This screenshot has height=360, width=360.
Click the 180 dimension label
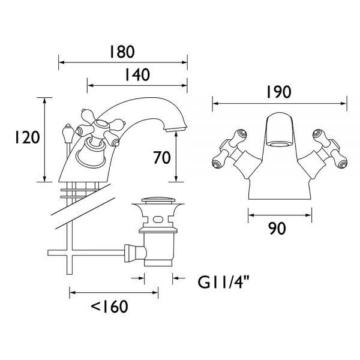pos(122,52)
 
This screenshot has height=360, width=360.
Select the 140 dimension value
pos(137,74)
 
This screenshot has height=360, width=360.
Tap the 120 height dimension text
pos(28,137)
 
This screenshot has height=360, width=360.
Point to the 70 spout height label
pos(162,157)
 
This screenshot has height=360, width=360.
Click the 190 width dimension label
pos(278,92)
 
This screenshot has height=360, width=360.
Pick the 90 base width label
pos(277,229)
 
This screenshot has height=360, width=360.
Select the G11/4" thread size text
pos(223,282)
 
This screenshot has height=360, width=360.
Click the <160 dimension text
pos(110,307)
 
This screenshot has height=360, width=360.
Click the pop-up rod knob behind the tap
pos(68,131)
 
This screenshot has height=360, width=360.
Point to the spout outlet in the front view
pos(279,144)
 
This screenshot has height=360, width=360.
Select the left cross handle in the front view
pos(230,149)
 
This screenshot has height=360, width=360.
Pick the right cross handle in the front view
pos(329,149)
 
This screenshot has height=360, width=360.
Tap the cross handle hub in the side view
pos(101,125)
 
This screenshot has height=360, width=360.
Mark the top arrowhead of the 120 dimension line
pos(44,101)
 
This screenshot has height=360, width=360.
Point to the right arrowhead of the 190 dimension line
pos(344,104)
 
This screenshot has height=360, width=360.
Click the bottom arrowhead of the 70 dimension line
pos(176,179)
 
